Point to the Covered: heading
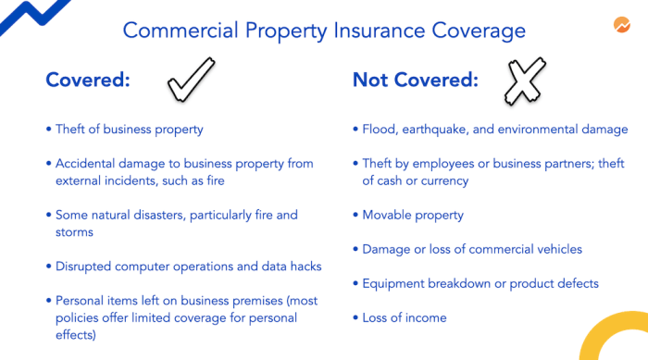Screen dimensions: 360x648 (88, 81)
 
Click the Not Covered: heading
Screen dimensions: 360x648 (416, 81)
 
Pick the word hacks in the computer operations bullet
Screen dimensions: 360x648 (304, 267)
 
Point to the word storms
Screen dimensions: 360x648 (75, 232)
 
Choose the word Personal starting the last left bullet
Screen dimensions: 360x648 (81, 301)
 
